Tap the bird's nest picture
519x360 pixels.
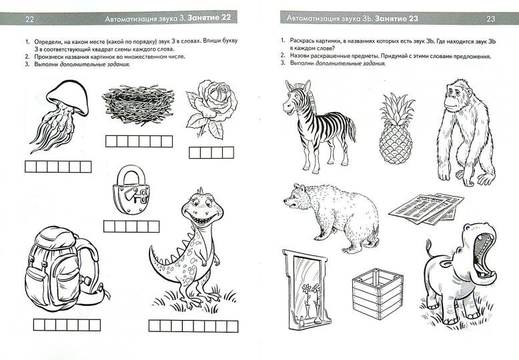coord(138,105)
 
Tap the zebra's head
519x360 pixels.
coord(296,97)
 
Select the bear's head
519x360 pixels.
coord(299,197)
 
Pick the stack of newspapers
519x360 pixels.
coord(426,209)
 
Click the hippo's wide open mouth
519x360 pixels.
coord(483,253)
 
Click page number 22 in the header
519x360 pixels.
coord(29,19)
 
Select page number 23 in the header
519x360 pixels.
coord(490,19)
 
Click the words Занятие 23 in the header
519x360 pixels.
coord(397,19)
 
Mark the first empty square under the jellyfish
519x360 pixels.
coord(31,167)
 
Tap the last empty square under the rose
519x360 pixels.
coord(228,153)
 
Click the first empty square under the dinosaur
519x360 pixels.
coord(155,326)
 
